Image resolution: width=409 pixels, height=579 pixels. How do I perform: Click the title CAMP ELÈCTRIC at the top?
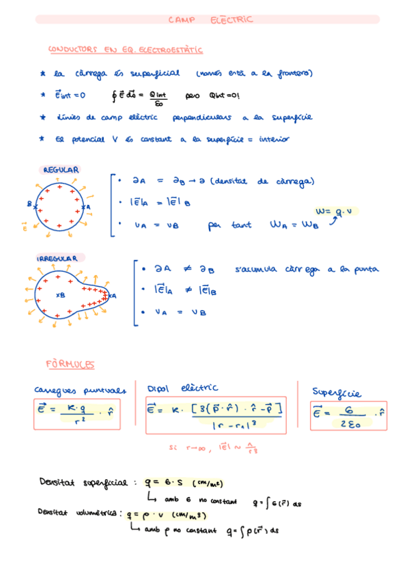click(210, 20)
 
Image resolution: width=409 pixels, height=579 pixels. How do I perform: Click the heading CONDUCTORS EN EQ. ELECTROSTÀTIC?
click(126, 50)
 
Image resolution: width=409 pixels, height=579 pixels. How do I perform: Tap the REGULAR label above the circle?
click(61, 170)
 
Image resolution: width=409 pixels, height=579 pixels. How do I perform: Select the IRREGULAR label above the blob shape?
click(61, 259)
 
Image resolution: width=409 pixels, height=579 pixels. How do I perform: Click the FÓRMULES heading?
click(70, 365)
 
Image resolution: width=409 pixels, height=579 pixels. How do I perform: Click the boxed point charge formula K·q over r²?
click(78, 413)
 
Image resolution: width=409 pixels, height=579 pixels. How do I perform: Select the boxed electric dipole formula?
click(216, 416)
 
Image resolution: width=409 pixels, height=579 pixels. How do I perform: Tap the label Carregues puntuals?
click(81, 390)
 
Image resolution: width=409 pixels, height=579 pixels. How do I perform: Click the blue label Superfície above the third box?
click(337, 392)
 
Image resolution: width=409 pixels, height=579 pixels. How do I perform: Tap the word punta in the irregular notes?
click(365, 270)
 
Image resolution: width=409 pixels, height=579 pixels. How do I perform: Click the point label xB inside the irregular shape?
click(61, 296)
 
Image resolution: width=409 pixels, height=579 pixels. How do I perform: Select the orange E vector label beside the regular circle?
click(25, 227)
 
